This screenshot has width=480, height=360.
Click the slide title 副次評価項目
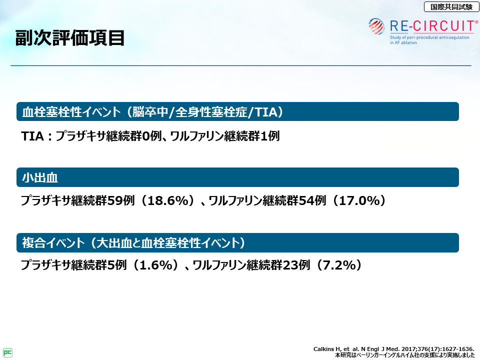(70, 38)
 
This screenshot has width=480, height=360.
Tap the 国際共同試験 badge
(451, 6)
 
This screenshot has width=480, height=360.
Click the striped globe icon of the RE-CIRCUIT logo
(376, 26)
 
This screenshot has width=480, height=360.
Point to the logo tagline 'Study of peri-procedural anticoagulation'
(429, 37)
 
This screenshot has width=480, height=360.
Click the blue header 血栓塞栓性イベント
(71, 111)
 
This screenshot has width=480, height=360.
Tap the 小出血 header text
(40, 177)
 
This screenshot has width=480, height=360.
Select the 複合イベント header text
(53, 243)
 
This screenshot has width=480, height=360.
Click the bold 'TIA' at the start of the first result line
(32, 136)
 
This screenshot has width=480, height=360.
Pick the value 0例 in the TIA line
(152, 136)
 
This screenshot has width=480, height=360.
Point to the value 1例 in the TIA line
(269, 136)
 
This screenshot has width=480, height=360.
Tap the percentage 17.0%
(359, 200)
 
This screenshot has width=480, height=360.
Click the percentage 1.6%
(156, 265)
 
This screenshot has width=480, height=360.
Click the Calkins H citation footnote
(393, 349)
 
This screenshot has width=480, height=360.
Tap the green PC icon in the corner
(7, 352)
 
